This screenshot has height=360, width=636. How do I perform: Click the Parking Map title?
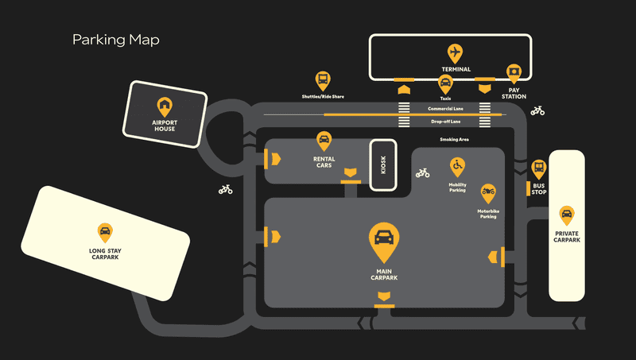pos(116,40)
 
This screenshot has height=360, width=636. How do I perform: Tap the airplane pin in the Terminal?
pos(455,53)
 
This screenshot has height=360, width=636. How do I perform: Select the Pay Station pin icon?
pos(514,73)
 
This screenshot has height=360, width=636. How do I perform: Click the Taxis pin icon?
pos(445,84)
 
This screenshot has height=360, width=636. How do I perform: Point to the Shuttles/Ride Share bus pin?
pos(323,81)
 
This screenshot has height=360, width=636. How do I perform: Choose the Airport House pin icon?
pos(165,107)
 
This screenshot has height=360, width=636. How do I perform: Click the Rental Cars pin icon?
pos(324,141)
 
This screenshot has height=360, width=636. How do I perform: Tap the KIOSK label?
pos(383,165)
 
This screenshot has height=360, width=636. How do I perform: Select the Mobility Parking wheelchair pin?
pos(458,167)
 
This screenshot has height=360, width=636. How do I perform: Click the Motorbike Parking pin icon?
pos(488,193)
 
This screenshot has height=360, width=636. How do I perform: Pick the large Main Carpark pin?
pos(384,242)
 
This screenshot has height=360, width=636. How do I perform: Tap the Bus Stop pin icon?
pos(539,169)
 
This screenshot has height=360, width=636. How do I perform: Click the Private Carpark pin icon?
pos(567,215)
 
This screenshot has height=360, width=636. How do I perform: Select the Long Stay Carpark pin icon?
pos(105,233)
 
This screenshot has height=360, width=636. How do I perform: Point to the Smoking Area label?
pos(454,139)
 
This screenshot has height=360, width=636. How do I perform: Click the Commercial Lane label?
pos(445,109)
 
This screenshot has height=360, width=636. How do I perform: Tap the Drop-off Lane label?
pos(446,122)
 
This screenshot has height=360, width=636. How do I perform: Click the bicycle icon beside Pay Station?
pos(537,110)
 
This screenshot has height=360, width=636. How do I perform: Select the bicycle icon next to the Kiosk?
pos(423,173)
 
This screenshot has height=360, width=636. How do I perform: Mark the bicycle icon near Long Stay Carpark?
pos(226,189)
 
